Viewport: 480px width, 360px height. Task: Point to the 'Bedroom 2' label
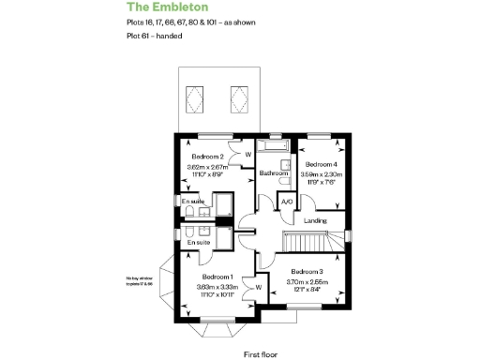[x=207, y=157]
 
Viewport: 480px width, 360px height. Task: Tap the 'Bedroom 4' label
[x=321, y=165]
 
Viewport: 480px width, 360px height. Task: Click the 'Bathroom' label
[x=274, y=173]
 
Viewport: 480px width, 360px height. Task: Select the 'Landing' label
[x=316, y=220]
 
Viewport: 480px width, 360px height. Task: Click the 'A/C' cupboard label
[x=288, y=201]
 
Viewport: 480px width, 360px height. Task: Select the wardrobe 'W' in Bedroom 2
[x=248, y=155]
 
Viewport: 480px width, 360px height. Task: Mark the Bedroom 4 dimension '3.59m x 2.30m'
[x=321, y=173]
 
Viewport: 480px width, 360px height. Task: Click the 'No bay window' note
[x=140, y=279]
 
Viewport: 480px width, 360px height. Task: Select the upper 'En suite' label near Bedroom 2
[x=193, y=202]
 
